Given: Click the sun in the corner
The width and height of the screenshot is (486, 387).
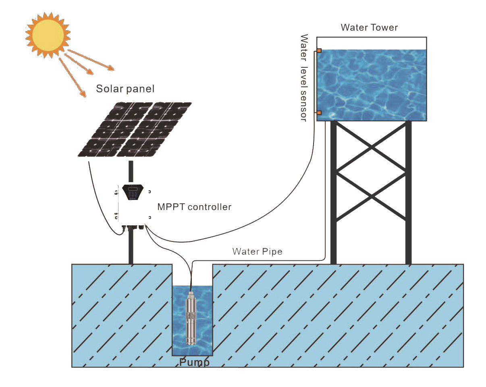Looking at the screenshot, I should pyautogui.click(x=48, y=35).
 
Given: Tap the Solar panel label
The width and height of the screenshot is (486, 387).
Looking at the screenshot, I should pyautogui.click(x=125, y=89).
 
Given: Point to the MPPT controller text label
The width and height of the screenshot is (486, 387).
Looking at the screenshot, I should pyautogui.click(x=194, y=207).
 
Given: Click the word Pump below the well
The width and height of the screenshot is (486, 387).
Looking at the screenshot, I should pyautogui.click(x=194, y=362).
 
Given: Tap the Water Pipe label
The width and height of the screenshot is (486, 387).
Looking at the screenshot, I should pyautogui.click(x=257, y=252).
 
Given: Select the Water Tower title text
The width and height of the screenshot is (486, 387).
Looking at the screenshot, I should pyautogui.click(x=369, y=27).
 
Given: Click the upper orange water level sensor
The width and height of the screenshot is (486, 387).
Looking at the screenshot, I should pyautogui.click(x=319, y=51).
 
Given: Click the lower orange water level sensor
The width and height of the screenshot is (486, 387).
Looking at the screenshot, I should pyautogui.click(x=319, y=112).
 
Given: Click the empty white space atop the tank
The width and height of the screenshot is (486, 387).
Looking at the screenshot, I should pyautogui.click(x=371, y=43).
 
